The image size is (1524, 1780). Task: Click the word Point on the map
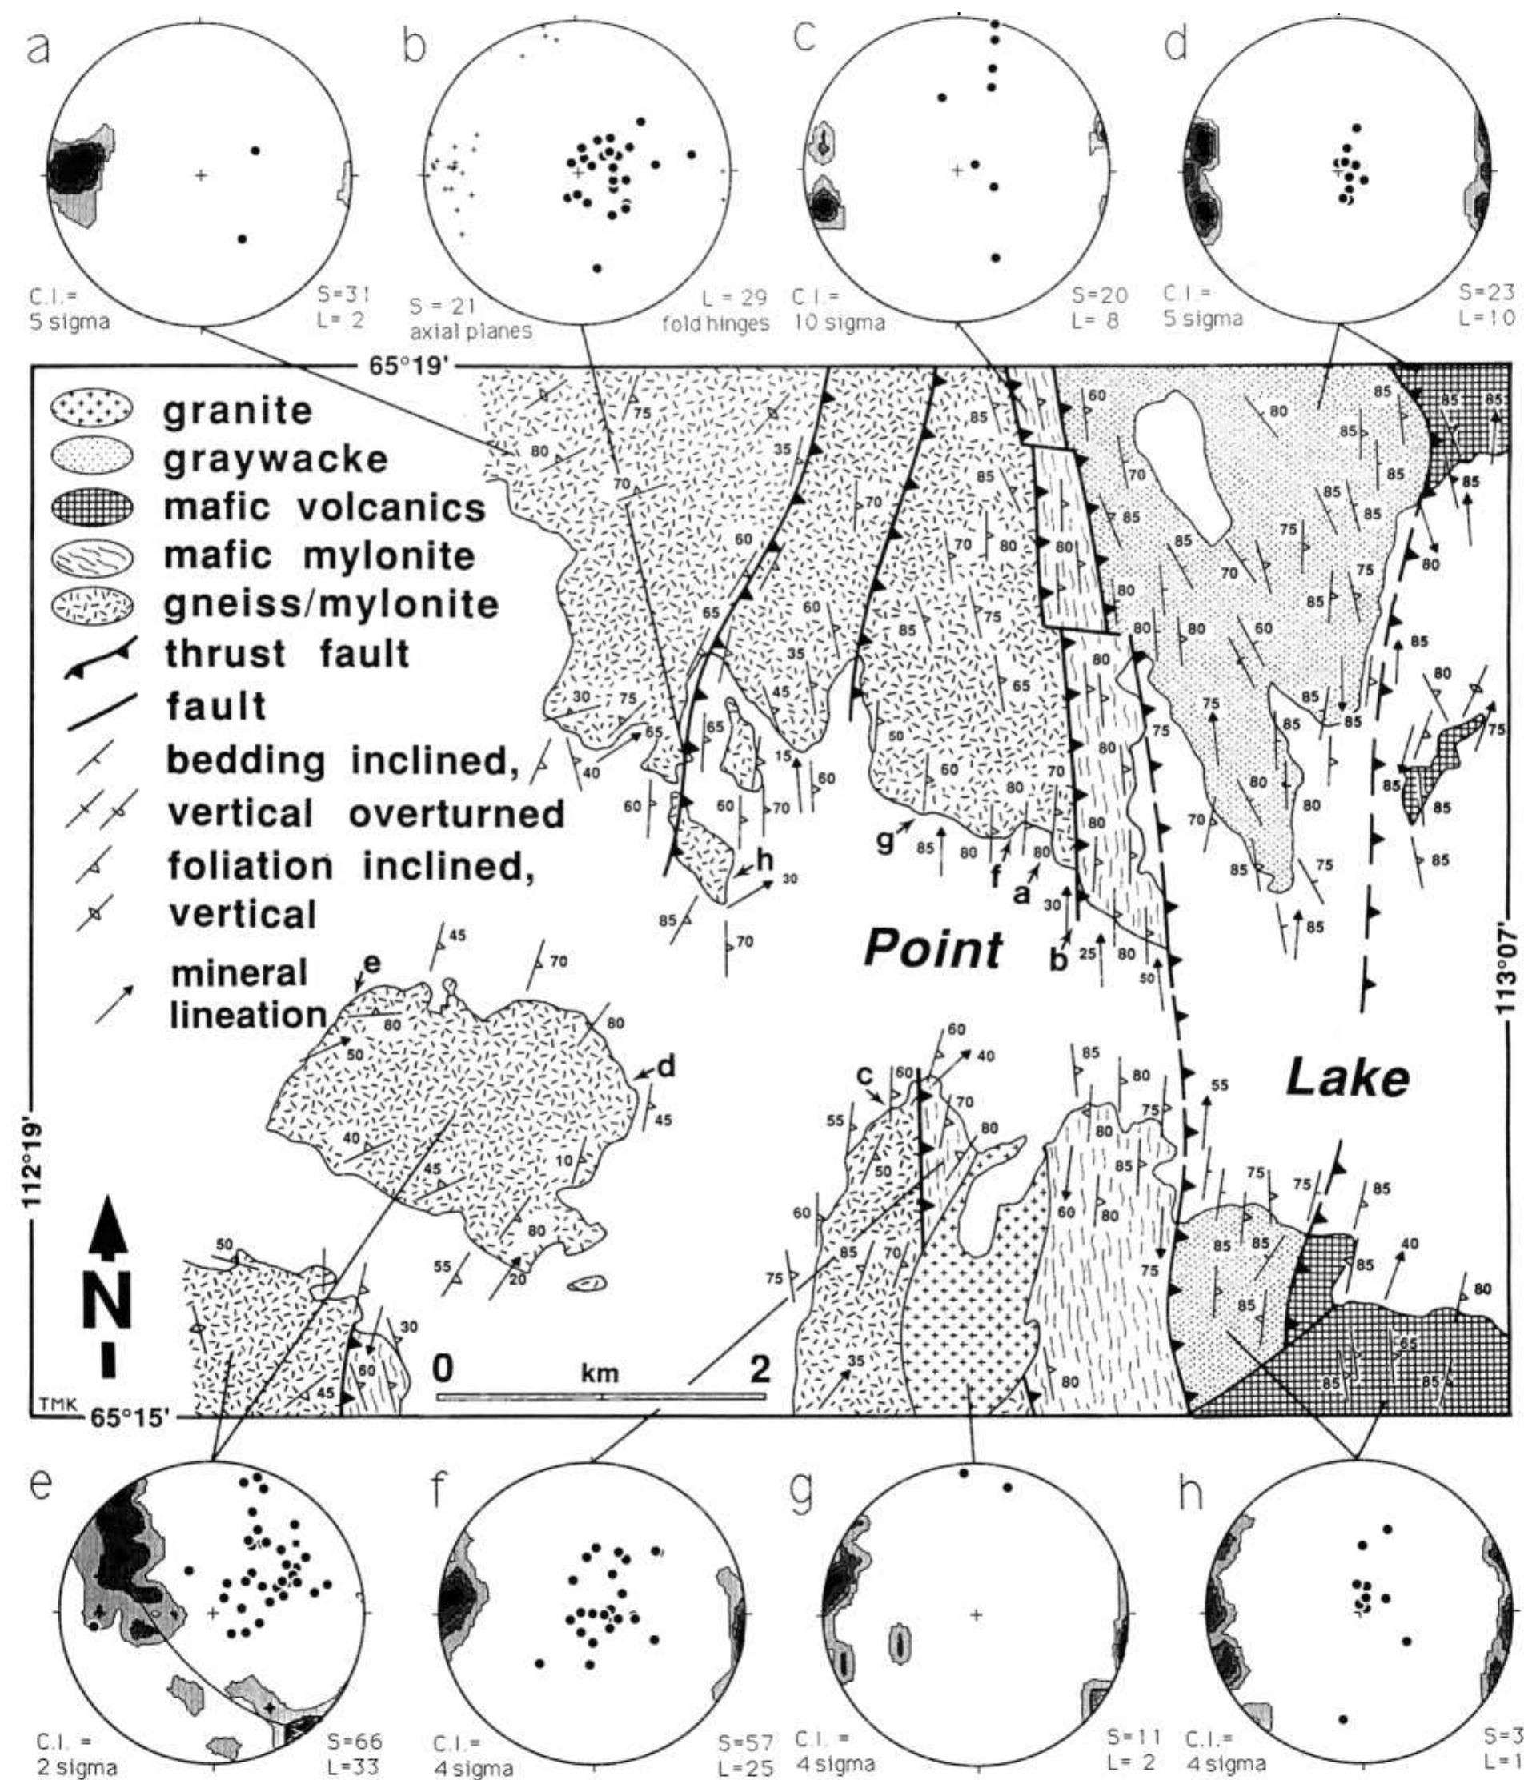[933, 950]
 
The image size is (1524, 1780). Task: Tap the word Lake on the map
[1346, 1078]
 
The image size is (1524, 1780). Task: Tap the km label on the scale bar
[600, 1372]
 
